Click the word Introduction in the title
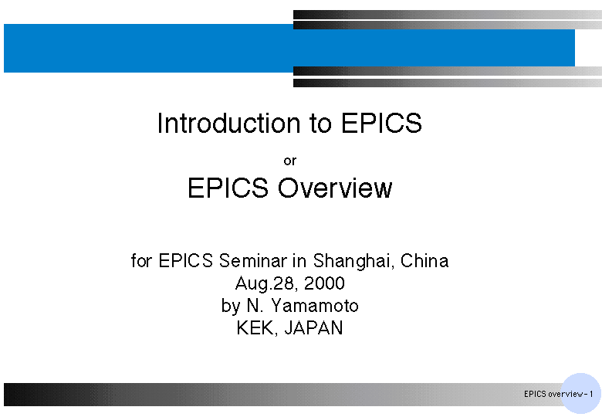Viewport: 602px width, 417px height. tap(228, 123)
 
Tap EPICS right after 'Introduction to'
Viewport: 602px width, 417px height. tap(381, 123)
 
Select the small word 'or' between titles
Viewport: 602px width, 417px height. tap(290, 161)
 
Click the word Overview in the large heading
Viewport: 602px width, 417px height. tap(335, 188)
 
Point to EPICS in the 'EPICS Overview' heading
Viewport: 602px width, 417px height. tap(228, 188)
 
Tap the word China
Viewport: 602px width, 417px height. tap(424, 261)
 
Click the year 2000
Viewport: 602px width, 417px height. tap(324, 283)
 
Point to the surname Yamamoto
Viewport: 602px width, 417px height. tap(315, 306)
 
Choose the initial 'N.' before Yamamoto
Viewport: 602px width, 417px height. tap(255, 306)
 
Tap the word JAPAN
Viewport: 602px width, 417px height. tap(313, 328)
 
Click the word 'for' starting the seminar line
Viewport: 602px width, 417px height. tap(142, 261)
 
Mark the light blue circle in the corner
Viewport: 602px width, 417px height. tap(580, 394)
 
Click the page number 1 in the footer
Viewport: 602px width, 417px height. tap(591, 394)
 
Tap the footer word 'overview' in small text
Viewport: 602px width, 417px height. tap(566, 394)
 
